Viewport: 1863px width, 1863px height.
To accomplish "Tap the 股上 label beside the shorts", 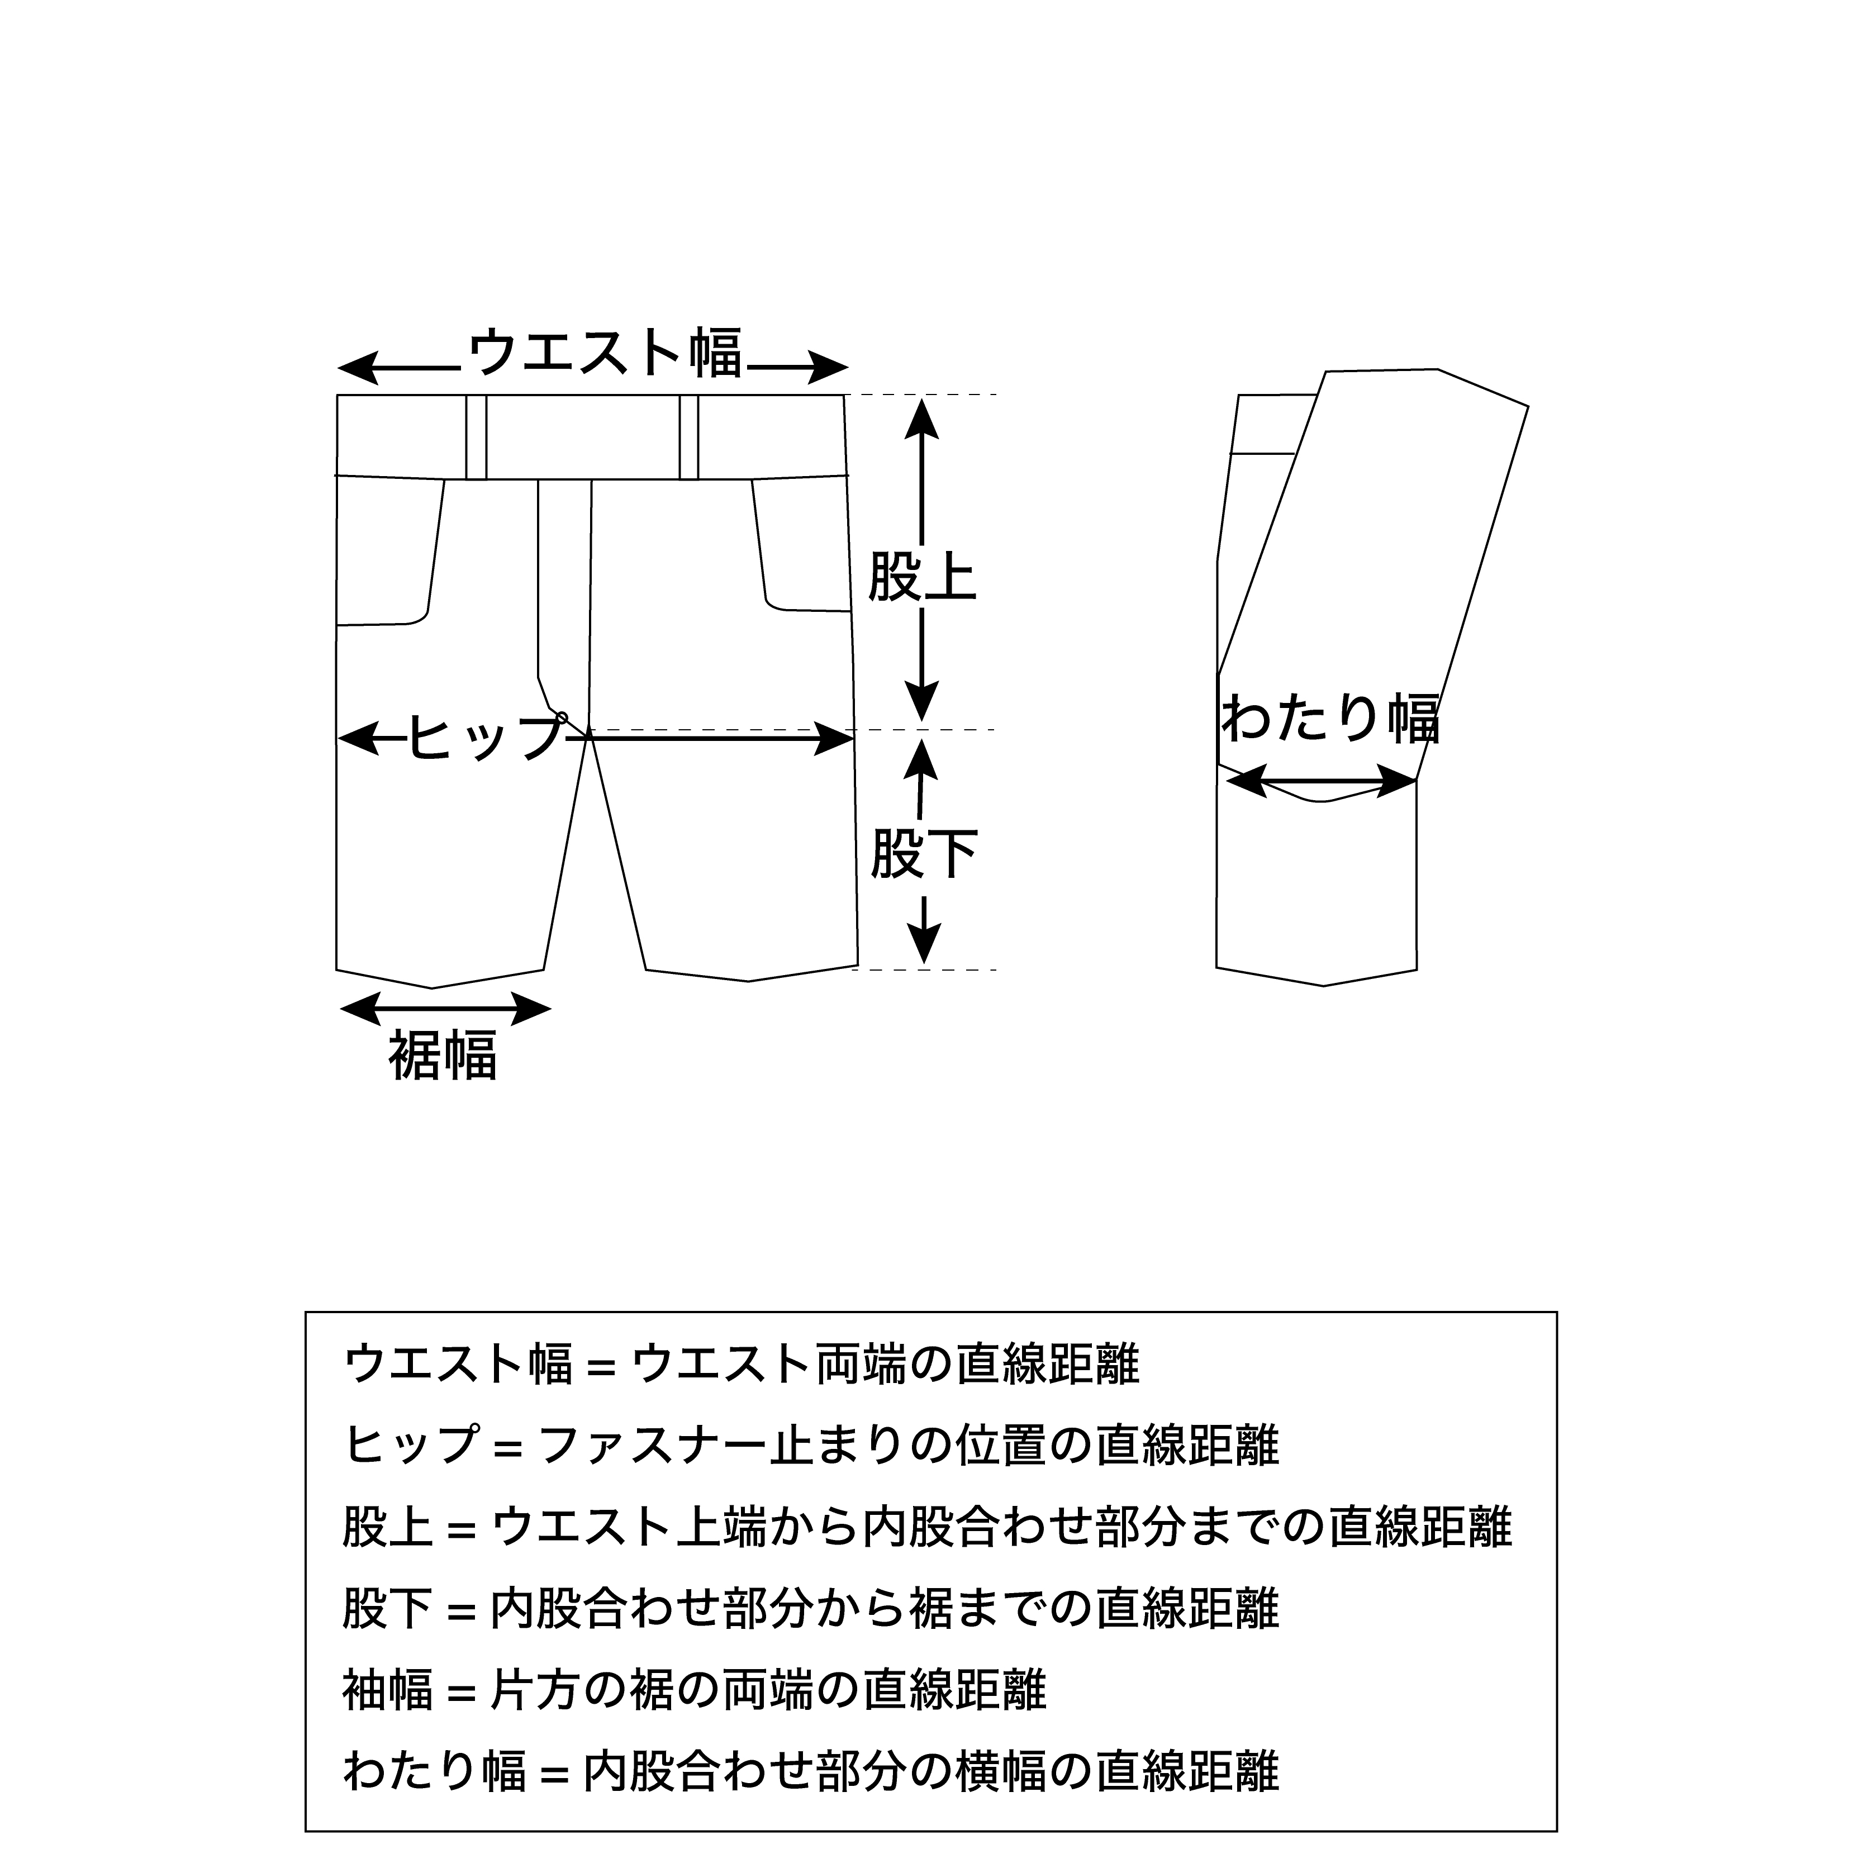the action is [923, 577].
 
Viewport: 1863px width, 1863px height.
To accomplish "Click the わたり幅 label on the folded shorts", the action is [1330, 719].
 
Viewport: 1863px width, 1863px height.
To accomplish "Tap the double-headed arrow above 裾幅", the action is [445, 1010].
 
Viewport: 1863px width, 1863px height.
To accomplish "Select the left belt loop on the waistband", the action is [476, 437].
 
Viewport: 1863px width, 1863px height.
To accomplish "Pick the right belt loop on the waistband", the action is [688, 437].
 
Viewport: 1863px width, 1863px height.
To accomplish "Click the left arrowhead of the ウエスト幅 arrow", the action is [359, 367].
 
